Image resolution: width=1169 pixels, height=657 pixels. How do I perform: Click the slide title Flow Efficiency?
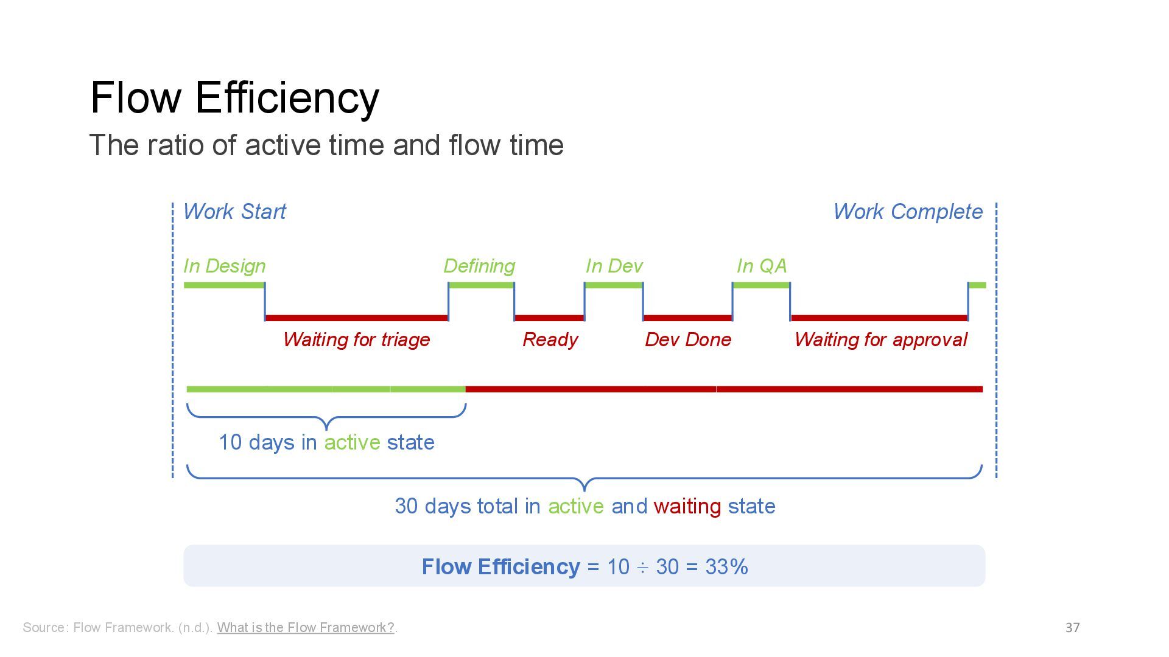click(234, 97)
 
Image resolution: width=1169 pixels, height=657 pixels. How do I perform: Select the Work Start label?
click(234, 212)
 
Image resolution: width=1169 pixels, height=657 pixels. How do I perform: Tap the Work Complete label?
click(907, 212)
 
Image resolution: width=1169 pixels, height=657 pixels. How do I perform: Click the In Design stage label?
click(224, 266)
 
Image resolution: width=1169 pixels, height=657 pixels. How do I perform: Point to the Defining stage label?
click(479, 266)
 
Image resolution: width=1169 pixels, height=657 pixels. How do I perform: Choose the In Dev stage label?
click(614, 266)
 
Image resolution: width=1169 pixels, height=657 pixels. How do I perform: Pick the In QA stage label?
click(761, 266)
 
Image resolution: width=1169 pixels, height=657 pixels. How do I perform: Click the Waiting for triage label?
click(356, 339)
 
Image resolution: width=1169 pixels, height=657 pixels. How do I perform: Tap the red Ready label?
click(550, 339)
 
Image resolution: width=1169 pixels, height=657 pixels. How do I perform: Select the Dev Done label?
click(688, 339)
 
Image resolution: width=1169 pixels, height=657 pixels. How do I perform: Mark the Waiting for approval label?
click(880, 339)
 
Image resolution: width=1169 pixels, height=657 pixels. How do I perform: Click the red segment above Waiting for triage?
click(356, 318)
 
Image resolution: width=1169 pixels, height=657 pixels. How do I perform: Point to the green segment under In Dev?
click(614, 285)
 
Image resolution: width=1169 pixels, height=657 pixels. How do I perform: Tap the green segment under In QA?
click(761, 285)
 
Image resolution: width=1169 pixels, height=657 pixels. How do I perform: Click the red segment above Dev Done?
click(687, 318)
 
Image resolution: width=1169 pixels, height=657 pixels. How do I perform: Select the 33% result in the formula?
click(726, 567)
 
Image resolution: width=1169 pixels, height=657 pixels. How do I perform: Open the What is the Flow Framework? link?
click(306, 628)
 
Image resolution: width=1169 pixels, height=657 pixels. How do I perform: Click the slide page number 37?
click(1072, 628)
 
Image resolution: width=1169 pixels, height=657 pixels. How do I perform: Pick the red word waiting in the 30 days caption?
click(687, 506)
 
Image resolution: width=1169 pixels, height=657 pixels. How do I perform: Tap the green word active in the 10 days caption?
click(352, 442)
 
